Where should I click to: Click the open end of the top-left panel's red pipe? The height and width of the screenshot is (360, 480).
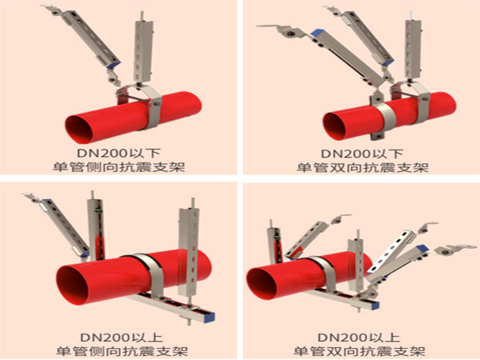click(79, 130)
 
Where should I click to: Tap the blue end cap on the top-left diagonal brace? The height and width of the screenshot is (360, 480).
click(115, 65)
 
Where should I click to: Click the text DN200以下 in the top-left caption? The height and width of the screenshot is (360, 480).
click(118, 154)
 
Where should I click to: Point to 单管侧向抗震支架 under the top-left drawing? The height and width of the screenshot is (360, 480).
click(118, 167)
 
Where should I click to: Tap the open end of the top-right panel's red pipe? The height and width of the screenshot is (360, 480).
click(335, 126)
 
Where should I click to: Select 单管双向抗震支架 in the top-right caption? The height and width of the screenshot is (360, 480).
click(362, 167)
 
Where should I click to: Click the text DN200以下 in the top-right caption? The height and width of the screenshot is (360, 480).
click(362, 154)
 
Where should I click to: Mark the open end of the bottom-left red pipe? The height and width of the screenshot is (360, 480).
click(72, 286)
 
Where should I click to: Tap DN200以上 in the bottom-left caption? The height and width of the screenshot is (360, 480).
click(122, 338)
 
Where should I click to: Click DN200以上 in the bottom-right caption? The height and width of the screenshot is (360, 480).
click(359, 338)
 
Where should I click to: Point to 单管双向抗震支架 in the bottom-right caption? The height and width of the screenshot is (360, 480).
click(359, 351)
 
